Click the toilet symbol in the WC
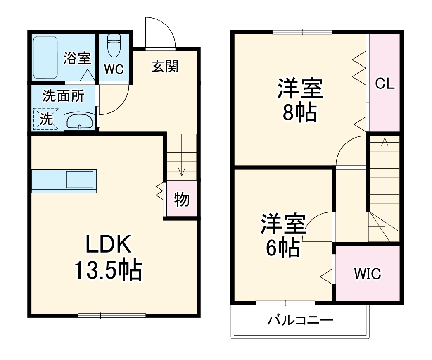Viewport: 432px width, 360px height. click(x=114, y=46)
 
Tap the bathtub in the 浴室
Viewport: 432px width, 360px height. click(x=45, y=57)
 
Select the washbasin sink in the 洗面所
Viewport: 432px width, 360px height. click(x=79, y=121)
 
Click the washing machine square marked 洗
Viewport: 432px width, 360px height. click(x=46, y=119)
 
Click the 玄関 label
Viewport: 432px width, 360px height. click(x=165, y=66)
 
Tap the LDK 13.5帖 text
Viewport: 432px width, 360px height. click(x=108, y=257)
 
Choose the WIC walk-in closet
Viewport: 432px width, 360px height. click(x=367, y=274)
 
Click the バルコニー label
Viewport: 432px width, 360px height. click(x=299, y=320)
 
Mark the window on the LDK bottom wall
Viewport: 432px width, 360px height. click(x=112, y=316)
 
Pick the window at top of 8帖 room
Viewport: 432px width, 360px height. click(x=302, y=32)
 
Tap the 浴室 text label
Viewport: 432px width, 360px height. click(x=77, y=58)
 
